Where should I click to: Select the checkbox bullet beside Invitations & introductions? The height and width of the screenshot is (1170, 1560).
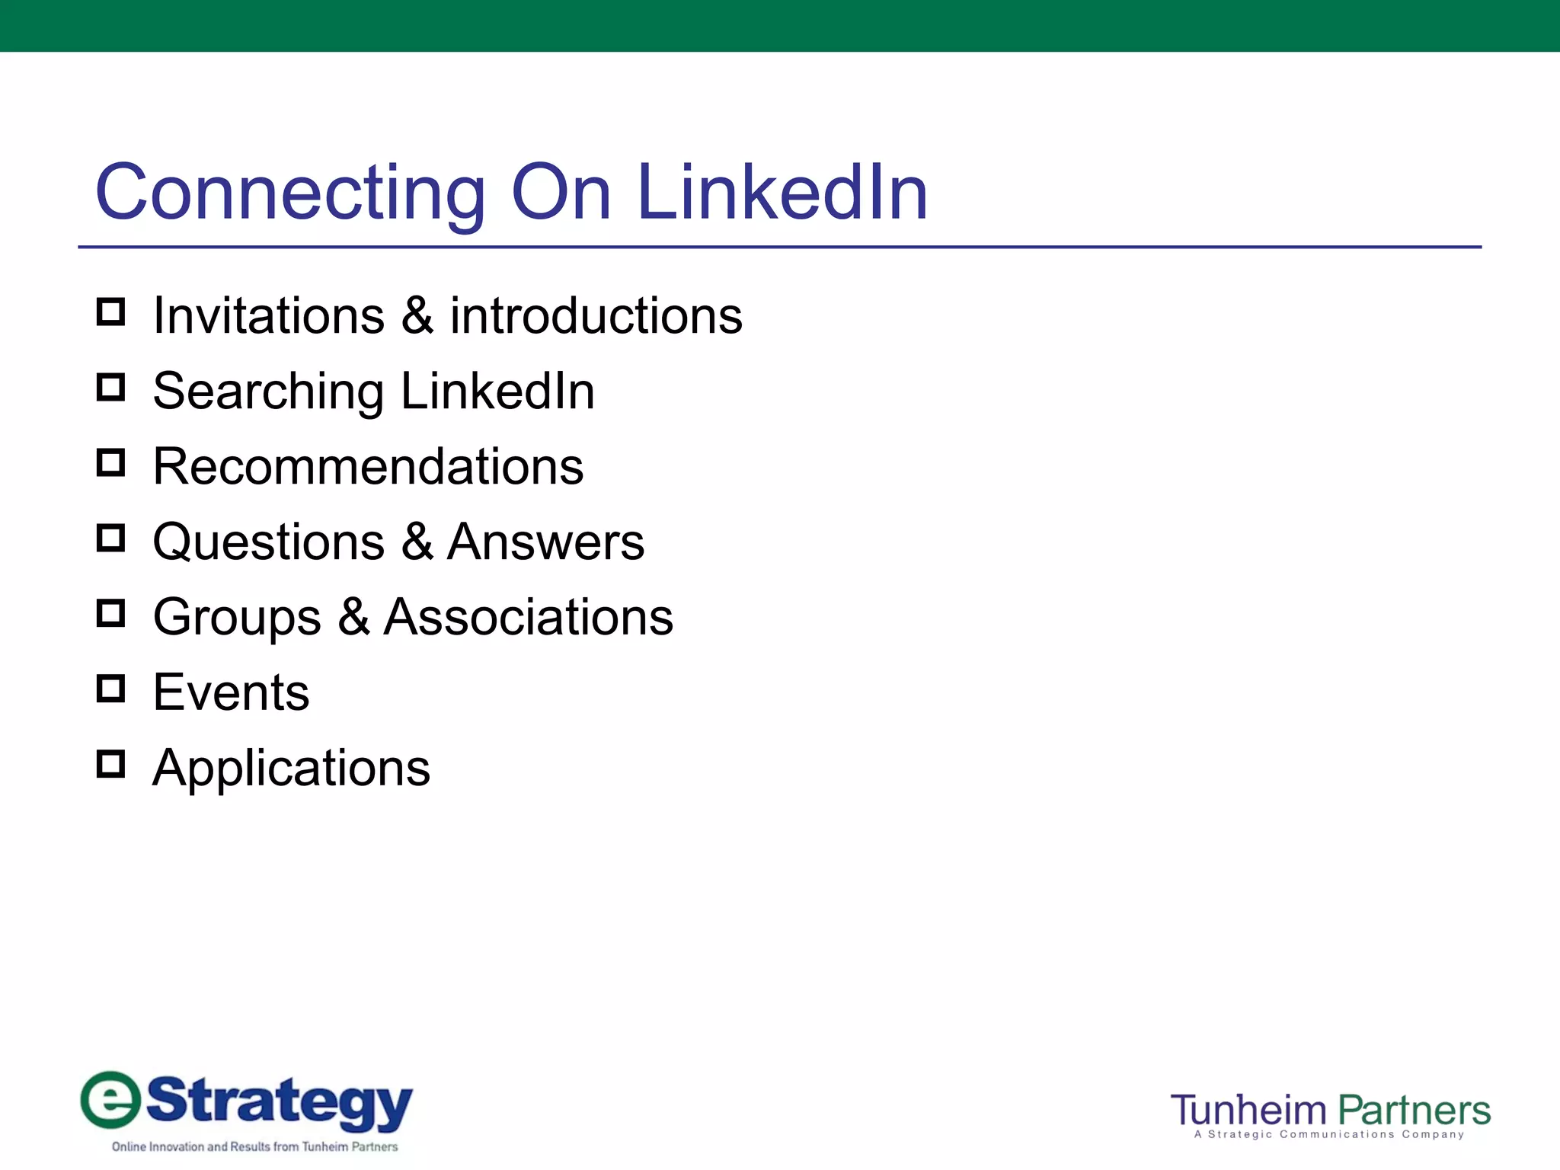coord(111,312)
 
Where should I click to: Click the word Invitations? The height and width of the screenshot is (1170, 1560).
coord(269,316)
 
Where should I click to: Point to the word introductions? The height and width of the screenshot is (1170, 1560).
coord(596,316)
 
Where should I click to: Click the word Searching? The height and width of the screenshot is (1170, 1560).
coord(268,392)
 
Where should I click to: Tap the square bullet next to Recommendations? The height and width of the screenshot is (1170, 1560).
coord(111,462)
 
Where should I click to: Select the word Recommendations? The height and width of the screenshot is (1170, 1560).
coord(369,466)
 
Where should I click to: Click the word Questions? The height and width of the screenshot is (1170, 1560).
coord(269,542)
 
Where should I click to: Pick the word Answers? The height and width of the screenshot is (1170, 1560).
coord(545,542)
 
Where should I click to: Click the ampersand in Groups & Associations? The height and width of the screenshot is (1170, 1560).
coord(353,617)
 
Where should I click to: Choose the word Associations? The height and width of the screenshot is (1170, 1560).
coord(529,617)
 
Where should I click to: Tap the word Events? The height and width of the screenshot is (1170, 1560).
coord(232,692)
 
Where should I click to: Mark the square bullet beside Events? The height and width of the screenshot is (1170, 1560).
coord(111,689)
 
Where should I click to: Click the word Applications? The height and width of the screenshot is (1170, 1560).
coord(292,768)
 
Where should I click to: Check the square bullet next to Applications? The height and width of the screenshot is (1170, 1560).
coord(111,764)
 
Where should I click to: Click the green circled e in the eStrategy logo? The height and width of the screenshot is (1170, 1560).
coord(111,1100)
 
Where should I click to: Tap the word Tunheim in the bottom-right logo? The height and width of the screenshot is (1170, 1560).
coord(1249,1111)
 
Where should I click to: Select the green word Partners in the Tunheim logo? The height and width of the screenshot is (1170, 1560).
coord(1414,1111)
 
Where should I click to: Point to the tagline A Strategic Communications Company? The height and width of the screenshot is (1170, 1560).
coord(1329,1135)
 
